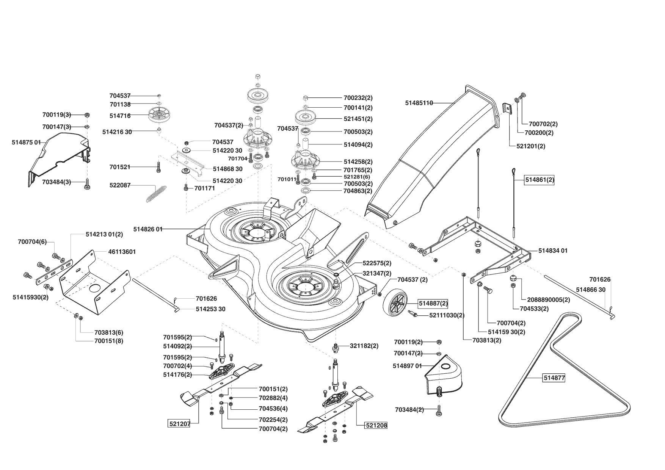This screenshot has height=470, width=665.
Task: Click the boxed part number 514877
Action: tap(554, 378)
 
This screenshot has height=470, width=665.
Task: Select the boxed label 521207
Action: tap(179, 424)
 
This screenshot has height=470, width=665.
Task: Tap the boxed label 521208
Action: tap(376, 425)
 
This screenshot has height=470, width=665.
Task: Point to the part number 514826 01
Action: tap(148, 229)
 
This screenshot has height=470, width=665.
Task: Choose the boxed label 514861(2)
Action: tap(540, 180)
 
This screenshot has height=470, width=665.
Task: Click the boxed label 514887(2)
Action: tap(433, 303)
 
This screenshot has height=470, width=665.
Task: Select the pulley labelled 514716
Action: tap(159, 115)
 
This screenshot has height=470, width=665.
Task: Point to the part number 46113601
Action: tap(122, 252)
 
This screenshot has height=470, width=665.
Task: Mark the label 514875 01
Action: tap(26, 142)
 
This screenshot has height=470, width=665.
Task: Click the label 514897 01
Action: tap(408, 366)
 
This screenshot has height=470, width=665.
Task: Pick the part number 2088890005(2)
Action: tap(546, 299)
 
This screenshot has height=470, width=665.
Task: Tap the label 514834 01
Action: tap(553, 251)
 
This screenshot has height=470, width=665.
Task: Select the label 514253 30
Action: tap(210, 309)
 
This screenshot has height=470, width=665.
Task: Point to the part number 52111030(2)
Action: tap(447, 315)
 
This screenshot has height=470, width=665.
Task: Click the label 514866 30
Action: tap(591, 290)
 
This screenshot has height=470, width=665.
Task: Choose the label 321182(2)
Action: tap(364, 346)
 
